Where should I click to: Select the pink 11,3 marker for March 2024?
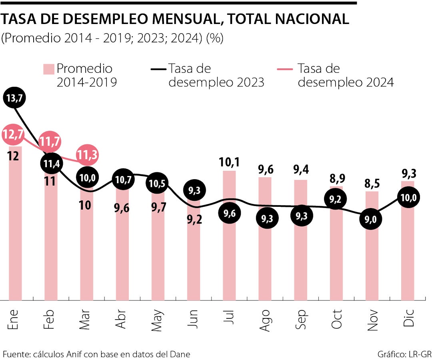[x=88, y=155]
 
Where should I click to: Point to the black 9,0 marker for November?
[x=371, y=219]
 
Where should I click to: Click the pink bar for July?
[x=230, y=256]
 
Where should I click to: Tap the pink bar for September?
[x=301, y=260]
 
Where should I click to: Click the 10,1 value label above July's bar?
[x=229, y=162]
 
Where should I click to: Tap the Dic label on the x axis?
[x=408, y=319]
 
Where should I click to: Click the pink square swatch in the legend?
[x=48, y=69]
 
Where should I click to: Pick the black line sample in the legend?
[x=158, y=69]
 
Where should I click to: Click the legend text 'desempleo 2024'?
[x=346, y=82]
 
